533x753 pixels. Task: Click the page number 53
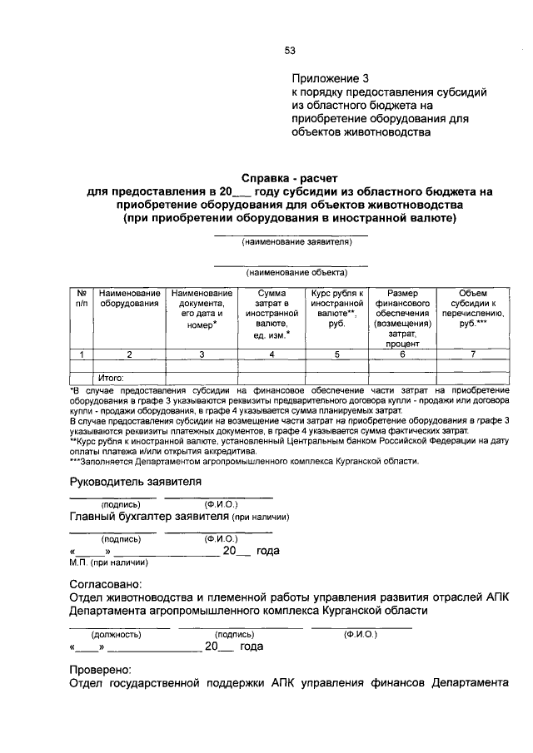(290, 50)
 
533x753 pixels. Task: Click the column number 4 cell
(271, 354)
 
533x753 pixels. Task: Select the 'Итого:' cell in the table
(112, 378)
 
